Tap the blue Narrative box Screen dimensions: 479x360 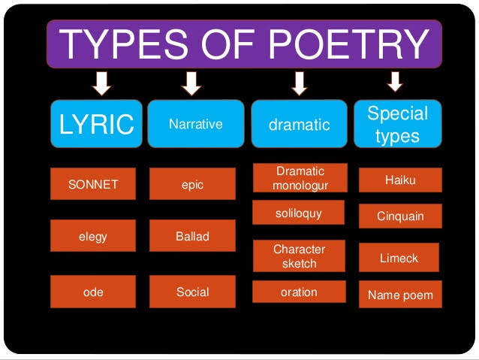[x=195, y=124]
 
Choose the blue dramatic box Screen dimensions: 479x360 [x=299, y=124]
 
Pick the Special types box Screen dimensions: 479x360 [x=397, y=124]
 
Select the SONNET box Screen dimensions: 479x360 [x=93, y=184]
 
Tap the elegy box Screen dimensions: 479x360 [x=93, y=236]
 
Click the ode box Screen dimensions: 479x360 [x=93, y=292]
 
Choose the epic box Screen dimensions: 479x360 [x=192, y=184]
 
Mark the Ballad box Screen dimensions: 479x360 [x=192, y=236]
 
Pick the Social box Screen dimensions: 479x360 [x=192, y=292]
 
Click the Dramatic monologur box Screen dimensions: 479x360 [x=300, y=179]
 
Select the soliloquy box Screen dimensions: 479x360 [x=298, y=213]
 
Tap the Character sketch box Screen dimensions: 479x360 [x=299, y=256]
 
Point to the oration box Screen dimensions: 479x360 [x=299, y=292]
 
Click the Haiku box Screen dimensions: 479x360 [x=400, y=180]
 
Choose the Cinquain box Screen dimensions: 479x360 [x=400, y=216]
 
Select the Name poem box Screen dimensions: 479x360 [x=400, y=295]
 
